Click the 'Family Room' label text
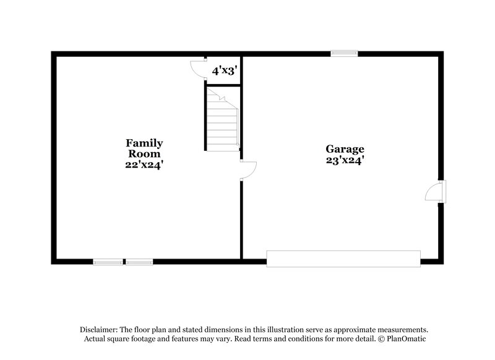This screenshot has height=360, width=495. [x=144, y=148]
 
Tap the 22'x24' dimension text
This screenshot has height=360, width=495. [x=145, y=165]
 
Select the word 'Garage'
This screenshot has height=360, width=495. [x=345, y=149]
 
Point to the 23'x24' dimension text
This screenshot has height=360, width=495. [x=345, y=160]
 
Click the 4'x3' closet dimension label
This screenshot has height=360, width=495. [x=222, y=71]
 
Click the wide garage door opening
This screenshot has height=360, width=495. [x=343, y=259]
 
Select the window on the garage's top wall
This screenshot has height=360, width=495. [x=344, y=54]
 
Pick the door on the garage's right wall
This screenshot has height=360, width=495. [x=435, y=191]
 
